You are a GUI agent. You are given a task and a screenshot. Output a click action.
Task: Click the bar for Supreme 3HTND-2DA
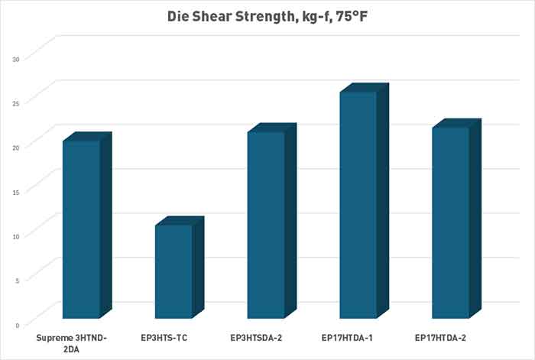tap(81, 229)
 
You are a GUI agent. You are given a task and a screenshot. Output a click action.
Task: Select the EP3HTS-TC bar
tap(173, 271)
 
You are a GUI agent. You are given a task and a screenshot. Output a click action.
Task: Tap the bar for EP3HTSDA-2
tap(266, 225)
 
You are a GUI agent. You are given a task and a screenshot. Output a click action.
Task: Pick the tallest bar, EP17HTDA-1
tap(358, 205)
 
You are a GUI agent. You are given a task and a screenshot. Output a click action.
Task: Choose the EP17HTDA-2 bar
tap(450, 222)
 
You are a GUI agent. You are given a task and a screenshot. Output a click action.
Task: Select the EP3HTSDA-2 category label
tap(258, 336)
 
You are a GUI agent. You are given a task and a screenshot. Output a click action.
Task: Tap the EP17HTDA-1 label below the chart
tap(349, 336)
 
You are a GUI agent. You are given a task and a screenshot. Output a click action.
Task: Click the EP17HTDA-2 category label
tap(441, 336)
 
